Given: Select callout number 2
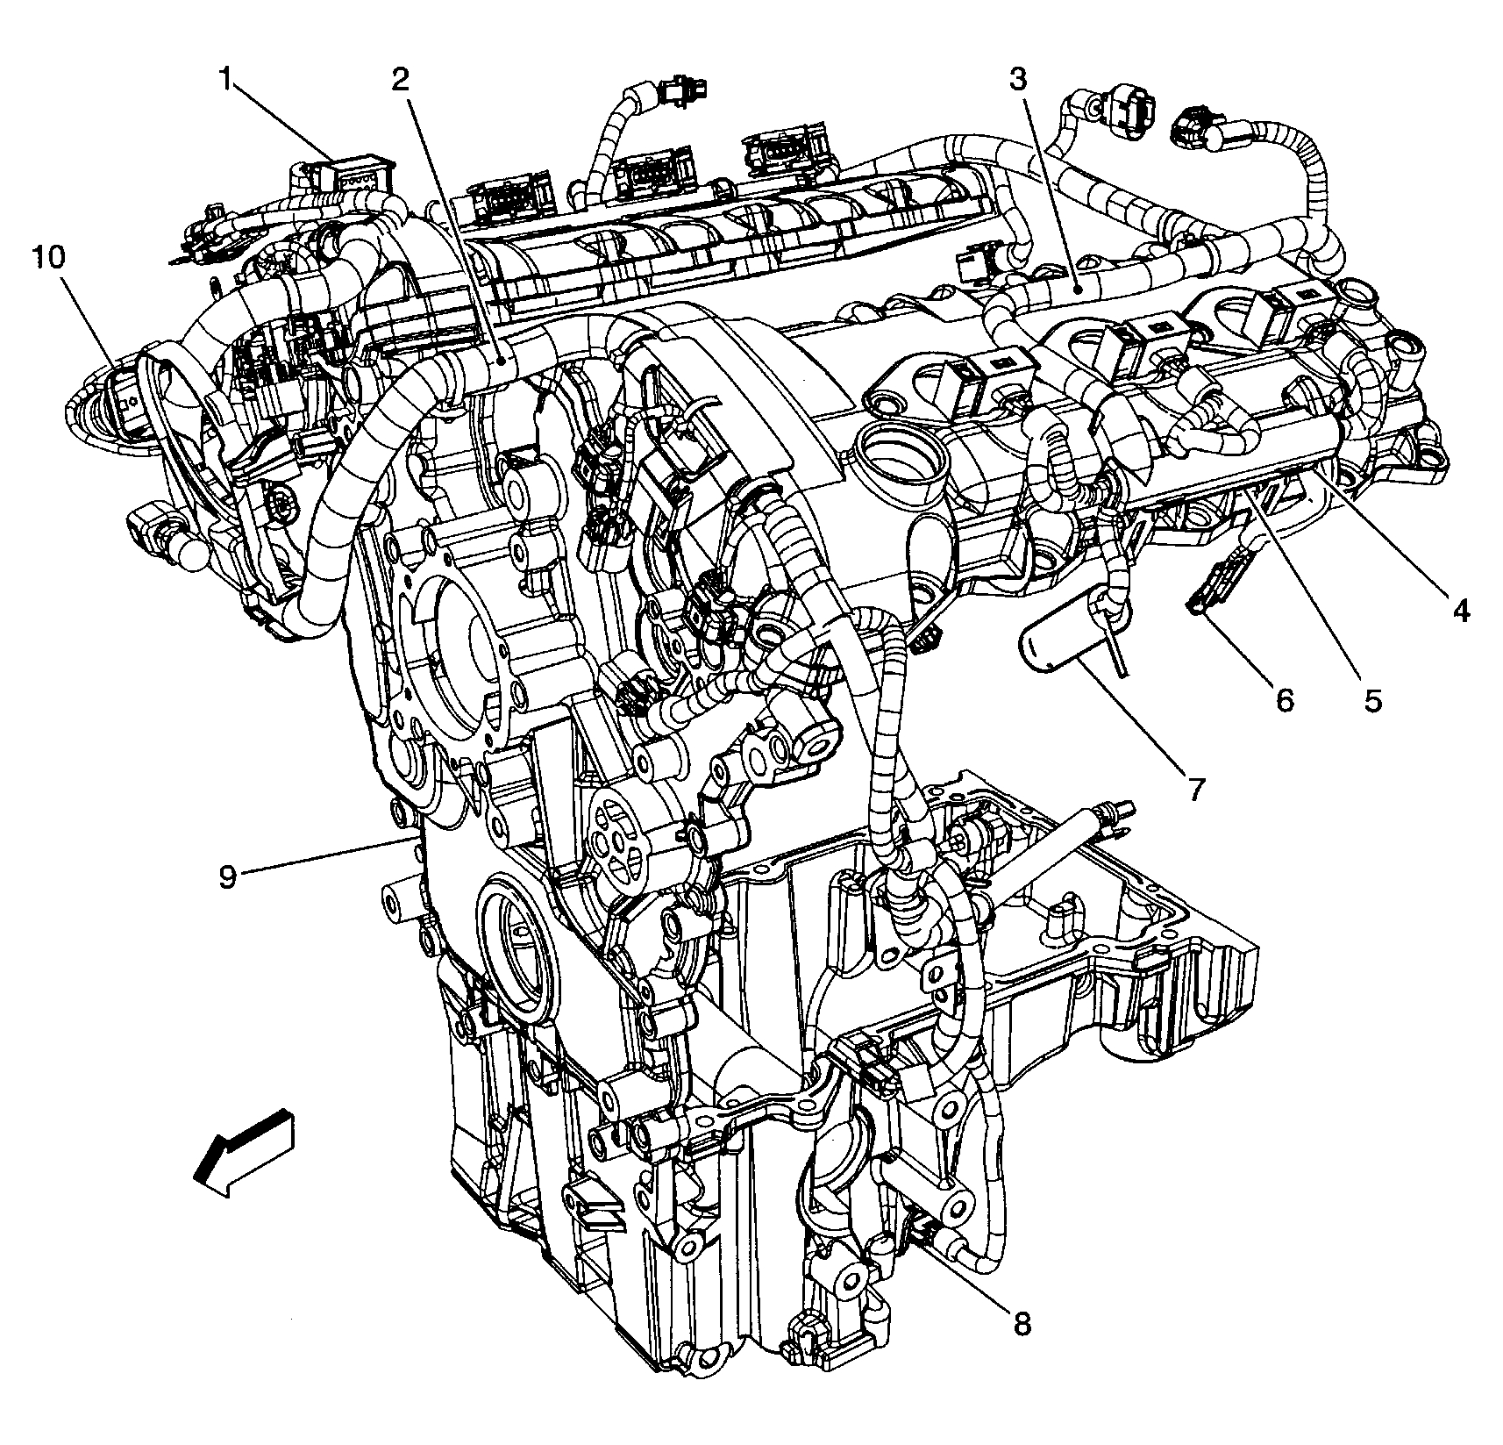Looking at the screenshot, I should pos(401,81).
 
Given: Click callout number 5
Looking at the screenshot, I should pos(1371,699).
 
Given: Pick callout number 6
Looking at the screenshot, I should pos(1284,699).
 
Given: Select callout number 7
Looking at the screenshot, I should pos(1196,789).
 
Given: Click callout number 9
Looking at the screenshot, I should pos(228,876).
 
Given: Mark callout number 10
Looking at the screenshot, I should pos(49,259).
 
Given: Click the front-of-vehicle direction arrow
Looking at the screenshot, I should pos(244,1152).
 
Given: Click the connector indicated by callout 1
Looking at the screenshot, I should pos(355,176).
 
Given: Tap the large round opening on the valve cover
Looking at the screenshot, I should pos(902,454).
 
